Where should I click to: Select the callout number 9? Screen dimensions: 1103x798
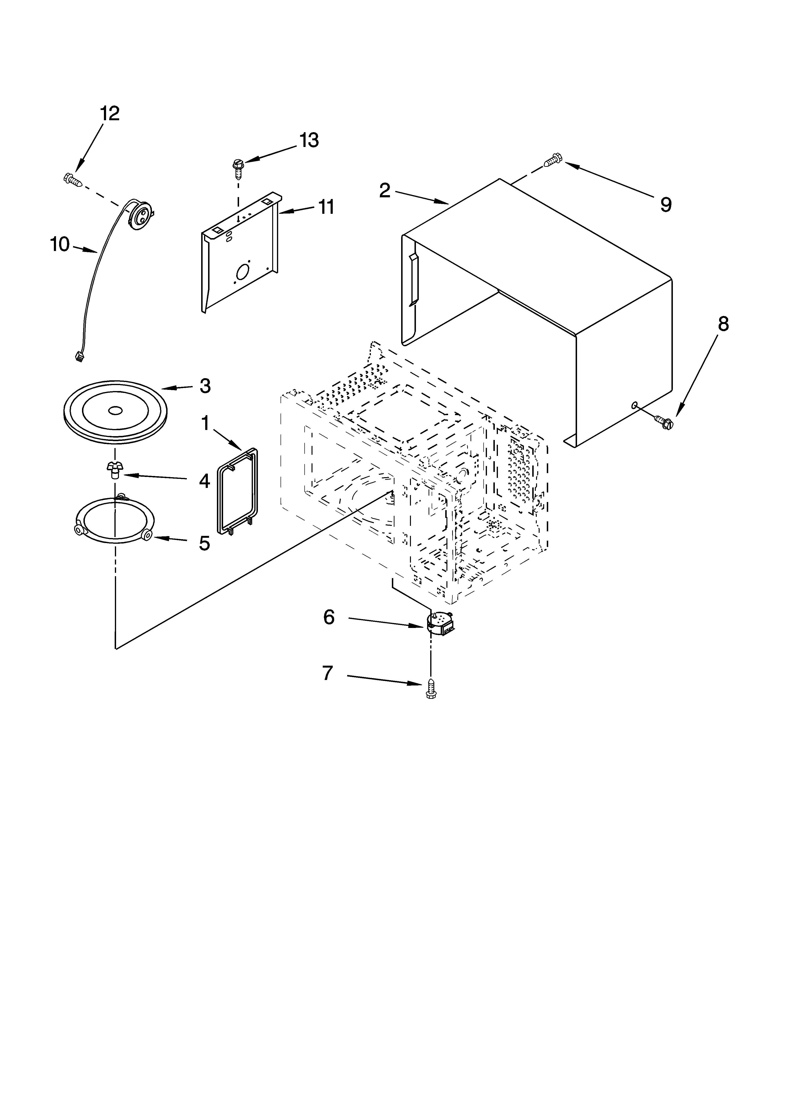[666, 205]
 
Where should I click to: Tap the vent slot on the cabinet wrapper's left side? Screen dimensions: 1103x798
[413, 280]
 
